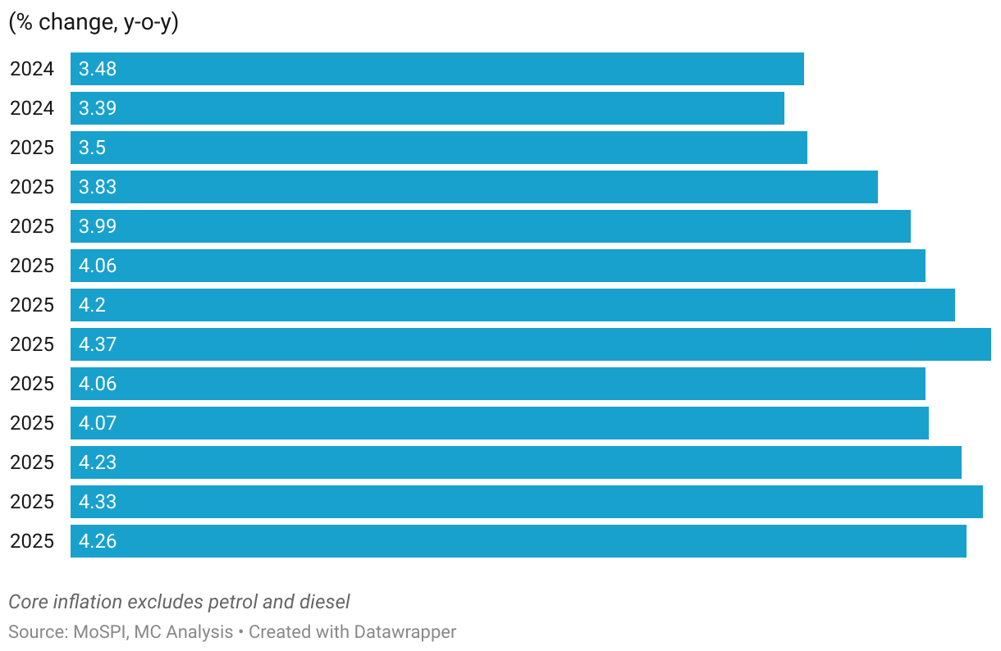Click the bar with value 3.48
[x=437, y=69]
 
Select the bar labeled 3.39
[x=427, y=108]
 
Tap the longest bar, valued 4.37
[x=530, y=344]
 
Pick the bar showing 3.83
[x=473, y=187]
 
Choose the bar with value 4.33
[x=526, y=502]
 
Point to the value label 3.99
[x=98, y=226]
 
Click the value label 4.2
[x=93, y=305]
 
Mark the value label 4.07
[x=98, y=423]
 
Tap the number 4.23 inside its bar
[x=98, y=462]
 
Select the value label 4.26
[x=98, y=541]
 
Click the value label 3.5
[x=93, y=148]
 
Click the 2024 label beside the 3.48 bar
[x=32, y=69]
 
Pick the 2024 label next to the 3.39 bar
[x=32, y=108]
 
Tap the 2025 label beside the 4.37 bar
[x=32, y=344]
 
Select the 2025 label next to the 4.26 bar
[x=32, y=541]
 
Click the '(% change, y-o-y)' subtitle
[x=94, y=23]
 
